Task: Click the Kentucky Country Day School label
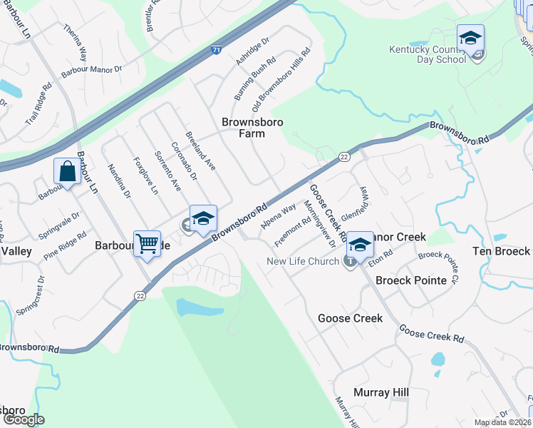pos(428,54)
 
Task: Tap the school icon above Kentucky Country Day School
pos(470,37)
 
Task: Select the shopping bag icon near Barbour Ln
pos(67,172)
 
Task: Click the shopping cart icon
pos(147,243)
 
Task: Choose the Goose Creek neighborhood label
pos(350,318)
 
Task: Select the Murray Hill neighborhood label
pos(381,393)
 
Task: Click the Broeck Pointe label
pos(411,280)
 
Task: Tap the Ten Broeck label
pos(502,251)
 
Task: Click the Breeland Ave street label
pos(200,151)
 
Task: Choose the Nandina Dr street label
pos(119,181)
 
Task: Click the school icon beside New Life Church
pos(360,244)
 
